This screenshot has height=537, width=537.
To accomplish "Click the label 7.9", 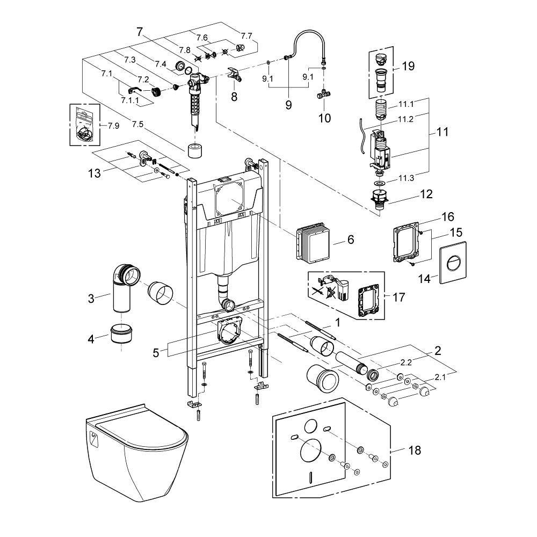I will coord(113,126).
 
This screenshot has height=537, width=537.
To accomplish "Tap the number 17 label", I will coord(399,296).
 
